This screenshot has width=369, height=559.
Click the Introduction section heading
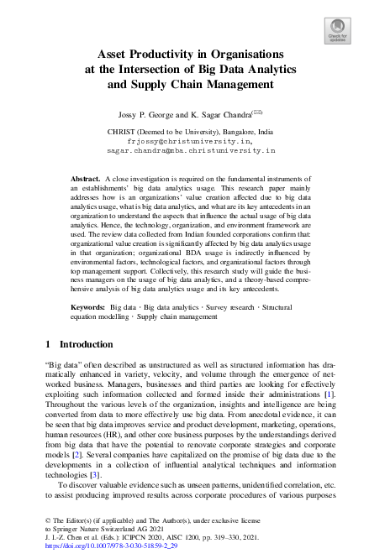[84, 344]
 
